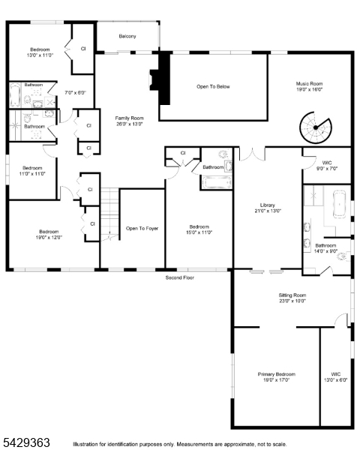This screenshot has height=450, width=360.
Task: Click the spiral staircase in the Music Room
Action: [x=316, y=127]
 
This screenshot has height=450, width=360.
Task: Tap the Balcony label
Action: [x=127, y=36]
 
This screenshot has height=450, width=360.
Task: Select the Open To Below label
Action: [x=213, y=86]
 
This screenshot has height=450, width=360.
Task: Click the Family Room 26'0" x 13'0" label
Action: [x=129, y=121]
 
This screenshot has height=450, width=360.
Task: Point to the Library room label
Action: [x=268, y=208]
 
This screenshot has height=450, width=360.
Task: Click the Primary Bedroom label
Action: [x=277, y=376]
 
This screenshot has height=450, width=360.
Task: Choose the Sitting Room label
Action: [x=292, y=298]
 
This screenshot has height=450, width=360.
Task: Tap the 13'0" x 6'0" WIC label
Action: [x=335, y=376]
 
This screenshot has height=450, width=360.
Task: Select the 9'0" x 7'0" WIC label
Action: [x=327, y=166]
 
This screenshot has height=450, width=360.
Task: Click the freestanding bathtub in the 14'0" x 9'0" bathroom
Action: [x=340, y=204]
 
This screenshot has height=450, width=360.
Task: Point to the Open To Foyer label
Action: [x=142, y=229]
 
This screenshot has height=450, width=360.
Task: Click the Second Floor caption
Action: [x=180, y=277]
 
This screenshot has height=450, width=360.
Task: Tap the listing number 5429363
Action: [x=26, y=442]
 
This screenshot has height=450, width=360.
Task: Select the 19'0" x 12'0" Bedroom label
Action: [x=49, y=234]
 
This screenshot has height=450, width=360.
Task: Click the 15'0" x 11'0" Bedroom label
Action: [x=199, y=229]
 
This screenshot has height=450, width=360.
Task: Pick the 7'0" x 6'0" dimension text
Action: [x=75, y=93]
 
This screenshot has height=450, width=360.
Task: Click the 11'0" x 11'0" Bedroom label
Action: [x=32, y=171]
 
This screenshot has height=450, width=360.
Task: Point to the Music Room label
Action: [x=309, y=86]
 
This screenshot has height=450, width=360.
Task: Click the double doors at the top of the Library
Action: [x=252, y=154]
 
